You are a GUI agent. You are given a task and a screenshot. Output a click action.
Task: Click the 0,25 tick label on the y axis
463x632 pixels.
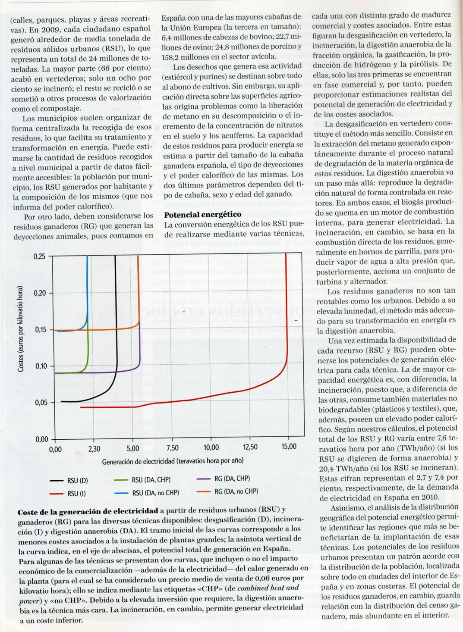coord(39,256)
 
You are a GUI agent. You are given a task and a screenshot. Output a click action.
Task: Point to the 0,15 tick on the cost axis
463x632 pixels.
coord(39,330)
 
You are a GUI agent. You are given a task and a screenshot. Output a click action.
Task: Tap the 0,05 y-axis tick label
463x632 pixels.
coord(39,403)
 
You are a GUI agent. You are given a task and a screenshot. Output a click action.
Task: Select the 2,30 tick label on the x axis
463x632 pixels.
coord(94,449)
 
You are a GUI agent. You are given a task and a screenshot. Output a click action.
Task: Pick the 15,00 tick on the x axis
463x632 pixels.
coord(289,447)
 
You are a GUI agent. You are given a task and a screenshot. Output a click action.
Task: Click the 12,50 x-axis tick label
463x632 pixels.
coord(250,447)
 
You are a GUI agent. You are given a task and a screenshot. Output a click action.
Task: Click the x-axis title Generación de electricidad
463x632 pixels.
coord(173,461)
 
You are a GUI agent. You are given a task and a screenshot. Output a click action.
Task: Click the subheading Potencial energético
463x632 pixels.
coord(203,215)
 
